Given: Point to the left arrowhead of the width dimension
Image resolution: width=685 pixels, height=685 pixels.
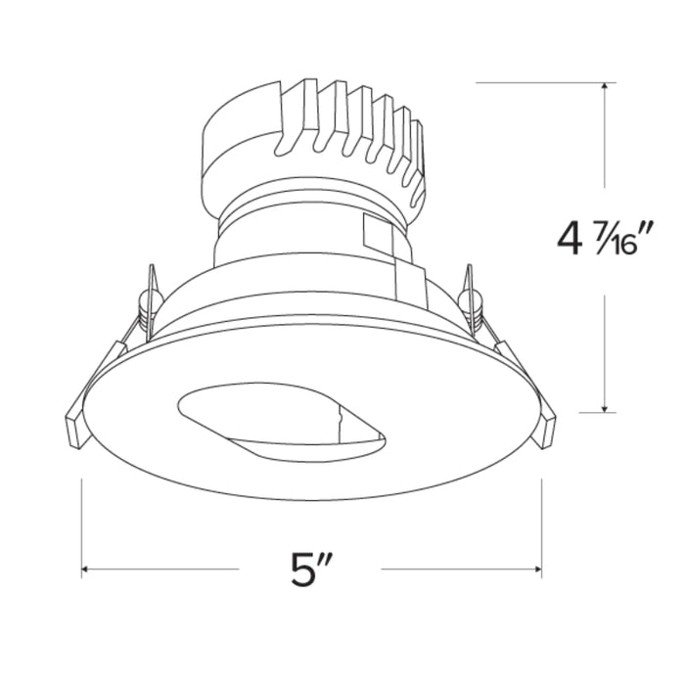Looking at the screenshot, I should coord(87,569).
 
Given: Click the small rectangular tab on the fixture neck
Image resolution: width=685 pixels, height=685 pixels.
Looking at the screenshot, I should coord(376,235).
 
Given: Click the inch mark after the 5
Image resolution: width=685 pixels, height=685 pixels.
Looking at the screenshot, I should coord(330,560).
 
